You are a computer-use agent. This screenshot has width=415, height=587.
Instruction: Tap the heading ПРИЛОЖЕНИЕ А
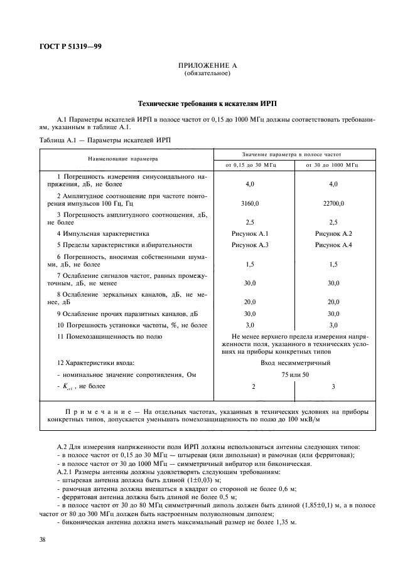(207, 65)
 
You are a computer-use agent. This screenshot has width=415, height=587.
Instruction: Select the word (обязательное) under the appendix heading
(207, 74)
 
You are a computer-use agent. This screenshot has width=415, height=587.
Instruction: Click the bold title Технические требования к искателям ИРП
(207, 102)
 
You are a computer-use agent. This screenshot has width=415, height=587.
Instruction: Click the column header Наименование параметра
(123, 159)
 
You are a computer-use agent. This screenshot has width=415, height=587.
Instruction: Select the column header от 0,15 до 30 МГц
(254, 164)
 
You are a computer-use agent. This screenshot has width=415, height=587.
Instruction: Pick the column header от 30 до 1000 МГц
(333, 164)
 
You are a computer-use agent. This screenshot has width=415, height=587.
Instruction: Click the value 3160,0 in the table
(254, 204)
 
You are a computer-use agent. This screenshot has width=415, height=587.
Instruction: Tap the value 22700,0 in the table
(333, 204)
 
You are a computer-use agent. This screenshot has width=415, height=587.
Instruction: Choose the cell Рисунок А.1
(254, 233)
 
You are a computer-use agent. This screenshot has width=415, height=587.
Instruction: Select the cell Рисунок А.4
(333, 245)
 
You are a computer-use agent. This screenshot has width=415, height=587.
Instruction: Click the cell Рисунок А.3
(254, 245)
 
